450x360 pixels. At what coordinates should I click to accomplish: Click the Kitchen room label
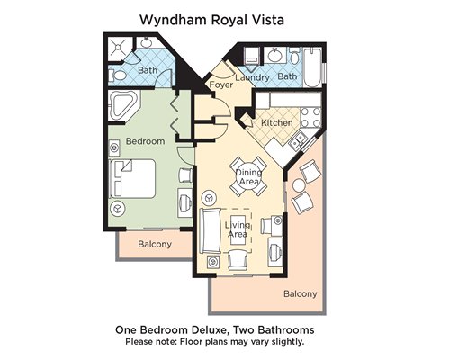(277, 122)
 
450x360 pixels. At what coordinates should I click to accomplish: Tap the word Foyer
(221, 85)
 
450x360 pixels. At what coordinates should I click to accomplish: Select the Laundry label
(252, 77)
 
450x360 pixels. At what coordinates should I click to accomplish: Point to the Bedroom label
(145, 141)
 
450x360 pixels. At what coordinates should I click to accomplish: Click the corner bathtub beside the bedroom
(123, 105)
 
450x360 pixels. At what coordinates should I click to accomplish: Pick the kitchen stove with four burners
(310, 117)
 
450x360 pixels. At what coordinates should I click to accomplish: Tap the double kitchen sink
(298, 140)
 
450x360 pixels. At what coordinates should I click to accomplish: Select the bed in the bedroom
(133, 179)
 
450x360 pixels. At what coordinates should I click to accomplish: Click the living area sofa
(210, 230)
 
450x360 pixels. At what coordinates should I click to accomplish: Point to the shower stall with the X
(119, 47)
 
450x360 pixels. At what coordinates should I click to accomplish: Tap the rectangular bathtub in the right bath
(312, 67)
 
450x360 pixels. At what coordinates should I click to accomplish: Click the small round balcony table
(299, 185)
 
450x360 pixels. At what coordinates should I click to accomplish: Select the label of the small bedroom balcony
(155, 244)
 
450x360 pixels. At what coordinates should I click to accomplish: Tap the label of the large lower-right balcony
(301, 293)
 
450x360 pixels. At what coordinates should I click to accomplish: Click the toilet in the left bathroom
(119, 76)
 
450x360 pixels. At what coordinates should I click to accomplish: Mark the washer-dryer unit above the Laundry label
(252, 56)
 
